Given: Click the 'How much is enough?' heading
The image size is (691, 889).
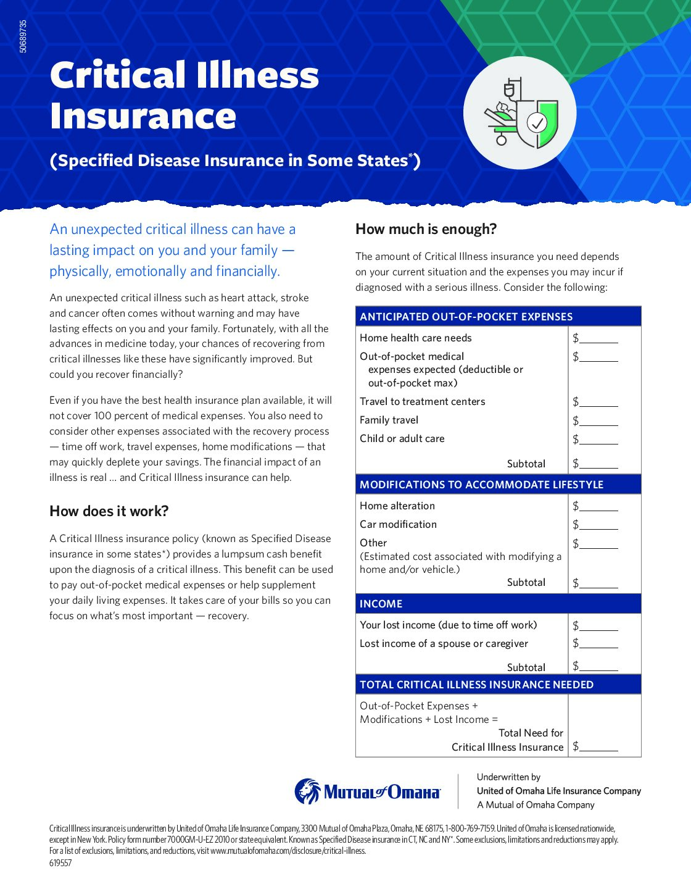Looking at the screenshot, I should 426,229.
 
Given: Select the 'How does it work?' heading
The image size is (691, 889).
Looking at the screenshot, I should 109,511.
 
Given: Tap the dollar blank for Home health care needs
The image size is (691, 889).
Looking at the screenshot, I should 598,338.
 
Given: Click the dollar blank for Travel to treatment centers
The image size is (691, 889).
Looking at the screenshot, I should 598,402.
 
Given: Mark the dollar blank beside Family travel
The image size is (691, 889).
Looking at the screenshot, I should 598,420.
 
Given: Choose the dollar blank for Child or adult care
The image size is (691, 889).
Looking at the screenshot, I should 598,439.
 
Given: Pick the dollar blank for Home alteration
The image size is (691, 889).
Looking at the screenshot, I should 598,506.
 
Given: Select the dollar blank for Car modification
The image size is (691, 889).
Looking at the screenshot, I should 598,525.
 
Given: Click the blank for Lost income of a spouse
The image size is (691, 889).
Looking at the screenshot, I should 598,643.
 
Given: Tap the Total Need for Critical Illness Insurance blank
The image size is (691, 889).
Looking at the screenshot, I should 598,746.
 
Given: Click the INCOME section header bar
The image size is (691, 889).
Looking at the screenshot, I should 498,604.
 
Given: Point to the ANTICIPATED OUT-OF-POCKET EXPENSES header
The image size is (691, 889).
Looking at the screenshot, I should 466,317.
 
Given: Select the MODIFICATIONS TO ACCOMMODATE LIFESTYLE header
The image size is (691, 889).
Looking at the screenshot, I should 481,485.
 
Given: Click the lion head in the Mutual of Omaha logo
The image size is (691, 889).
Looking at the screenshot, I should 307,791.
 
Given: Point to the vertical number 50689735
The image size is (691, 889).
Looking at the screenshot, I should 23,36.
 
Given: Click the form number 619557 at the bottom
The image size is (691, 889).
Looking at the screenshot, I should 60,863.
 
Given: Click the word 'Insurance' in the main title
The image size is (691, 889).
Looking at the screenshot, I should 143,116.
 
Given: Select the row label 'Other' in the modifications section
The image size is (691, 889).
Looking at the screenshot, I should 373,543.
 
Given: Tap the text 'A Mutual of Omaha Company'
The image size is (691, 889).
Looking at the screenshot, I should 536,805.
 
